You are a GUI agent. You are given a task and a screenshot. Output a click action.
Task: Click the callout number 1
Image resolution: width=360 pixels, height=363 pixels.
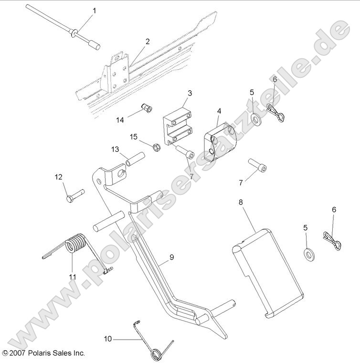(94, 10)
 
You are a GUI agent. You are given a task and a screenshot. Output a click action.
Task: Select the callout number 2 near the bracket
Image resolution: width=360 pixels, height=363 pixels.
(148, 41)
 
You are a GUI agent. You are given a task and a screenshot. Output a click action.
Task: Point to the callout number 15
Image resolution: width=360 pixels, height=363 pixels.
(134, 137)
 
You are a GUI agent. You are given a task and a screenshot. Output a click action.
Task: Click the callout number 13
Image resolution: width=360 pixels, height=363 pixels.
(115, 149)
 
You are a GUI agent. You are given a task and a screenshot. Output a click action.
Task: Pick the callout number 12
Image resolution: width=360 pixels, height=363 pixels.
(58, 177)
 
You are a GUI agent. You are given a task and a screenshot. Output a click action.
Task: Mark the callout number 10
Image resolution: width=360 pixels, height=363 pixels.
(108, 339)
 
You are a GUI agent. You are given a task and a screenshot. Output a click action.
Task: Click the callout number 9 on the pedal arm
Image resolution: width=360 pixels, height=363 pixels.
(171, 257)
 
